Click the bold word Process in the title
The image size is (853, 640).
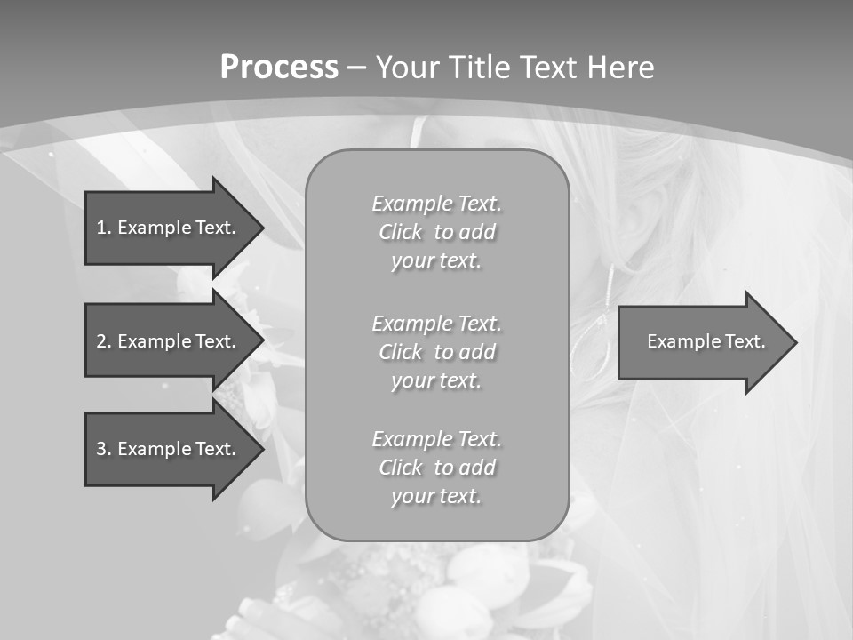[x=279, y=68]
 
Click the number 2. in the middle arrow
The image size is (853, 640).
[x=103, y=341]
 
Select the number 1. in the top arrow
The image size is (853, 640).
[x=103, y=228]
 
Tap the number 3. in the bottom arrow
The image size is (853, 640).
[x=103, y=449]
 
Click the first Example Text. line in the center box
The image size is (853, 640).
[x=436, y=204]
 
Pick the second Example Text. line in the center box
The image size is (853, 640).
[x=436, y=323]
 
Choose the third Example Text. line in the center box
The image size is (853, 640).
[x=436, y=439]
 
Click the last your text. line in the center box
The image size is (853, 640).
[x=436, y=496]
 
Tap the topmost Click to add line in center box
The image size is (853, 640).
[x=436, y=232]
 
